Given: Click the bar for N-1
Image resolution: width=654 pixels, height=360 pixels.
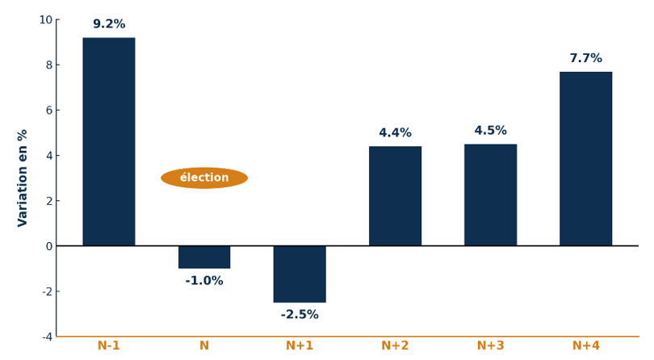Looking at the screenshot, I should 109,141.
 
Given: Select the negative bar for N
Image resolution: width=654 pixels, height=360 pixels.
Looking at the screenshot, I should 204,257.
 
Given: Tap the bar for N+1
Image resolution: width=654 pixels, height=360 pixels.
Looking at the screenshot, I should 300,274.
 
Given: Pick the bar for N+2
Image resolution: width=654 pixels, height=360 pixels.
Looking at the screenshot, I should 395,195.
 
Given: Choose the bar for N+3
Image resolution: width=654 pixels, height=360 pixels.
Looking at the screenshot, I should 490,195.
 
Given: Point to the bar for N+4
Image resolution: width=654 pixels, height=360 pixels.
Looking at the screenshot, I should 585,158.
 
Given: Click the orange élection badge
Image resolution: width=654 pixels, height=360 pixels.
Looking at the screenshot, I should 204,178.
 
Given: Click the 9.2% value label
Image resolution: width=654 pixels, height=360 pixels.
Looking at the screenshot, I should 109,24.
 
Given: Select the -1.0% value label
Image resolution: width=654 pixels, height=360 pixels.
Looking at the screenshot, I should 204,281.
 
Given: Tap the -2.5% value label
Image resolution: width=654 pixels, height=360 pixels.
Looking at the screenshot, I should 300,315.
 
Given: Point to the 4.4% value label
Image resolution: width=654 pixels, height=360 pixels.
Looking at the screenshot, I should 395,133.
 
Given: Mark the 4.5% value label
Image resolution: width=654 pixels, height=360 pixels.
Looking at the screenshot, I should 490,131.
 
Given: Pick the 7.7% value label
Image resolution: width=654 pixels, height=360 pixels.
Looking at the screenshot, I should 585,59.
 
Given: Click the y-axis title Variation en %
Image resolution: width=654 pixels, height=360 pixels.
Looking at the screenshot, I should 23,178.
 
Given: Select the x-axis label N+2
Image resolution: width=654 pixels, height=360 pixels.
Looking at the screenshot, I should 395,346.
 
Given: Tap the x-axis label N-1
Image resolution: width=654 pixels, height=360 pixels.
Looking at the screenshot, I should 109,346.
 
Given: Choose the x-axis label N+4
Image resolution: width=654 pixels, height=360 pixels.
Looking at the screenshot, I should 585,346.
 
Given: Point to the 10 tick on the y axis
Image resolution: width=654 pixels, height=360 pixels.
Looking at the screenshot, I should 45,19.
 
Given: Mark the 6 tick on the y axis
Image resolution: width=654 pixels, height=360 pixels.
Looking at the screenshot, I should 48,110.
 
